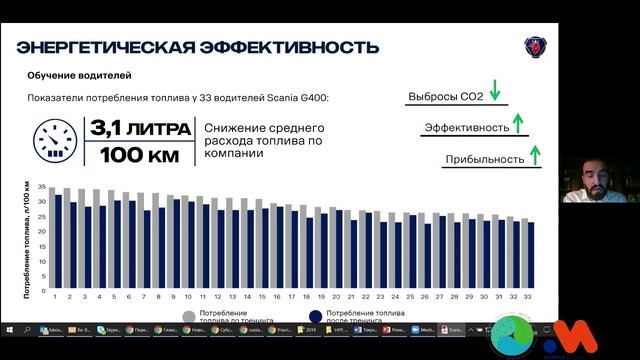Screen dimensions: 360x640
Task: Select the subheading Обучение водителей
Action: [79, 76]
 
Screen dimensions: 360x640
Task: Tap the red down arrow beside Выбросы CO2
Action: [495, 96]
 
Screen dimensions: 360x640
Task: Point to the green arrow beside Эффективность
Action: [518, 125]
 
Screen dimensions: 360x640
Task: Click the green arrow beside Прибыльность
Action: [535, 156]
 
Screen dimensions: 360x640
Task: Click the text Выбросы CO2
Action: [445, 97]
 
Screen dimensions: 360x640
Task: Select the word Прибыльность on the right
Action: [485, 159]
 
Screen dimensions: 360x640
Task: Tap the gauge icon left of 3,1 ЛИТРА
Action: [55, 142]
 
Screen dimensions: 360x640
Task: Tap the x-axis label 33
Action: [528, 296]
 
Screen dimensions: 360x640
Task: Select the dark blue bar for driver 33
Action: [531, 254]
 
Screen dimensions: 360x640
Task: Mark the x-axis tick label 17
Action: [292, 296]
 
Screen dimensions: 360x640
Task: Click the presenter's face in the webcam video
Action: [589, 175]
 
